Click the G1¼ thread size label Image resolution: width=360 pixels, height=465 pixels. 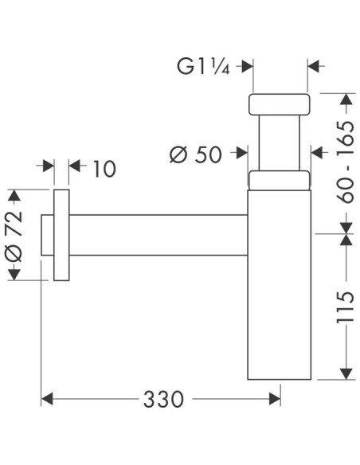(x=203, y=67)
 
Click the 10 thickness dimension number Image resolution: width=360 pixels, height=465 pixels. (x=104, y=169)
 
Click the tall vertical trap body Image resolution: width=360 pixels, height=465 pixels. (x=279, y=287)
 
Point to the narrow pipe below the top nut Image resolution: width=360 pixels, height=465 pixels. (x=279, y=143)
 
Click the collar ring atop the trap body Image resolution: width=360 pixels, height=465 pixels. (x=279, y=180)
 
